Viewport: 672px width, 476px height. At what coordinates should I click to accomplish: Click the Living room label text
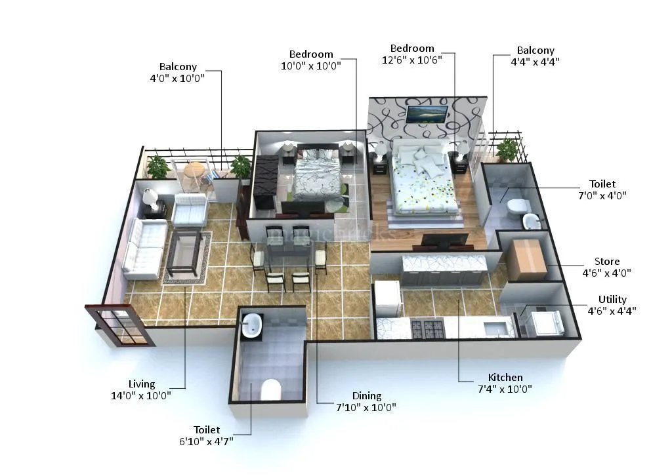coord(142,384)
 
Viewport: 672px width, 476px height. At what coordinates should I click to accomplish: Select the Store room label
coord(606,262)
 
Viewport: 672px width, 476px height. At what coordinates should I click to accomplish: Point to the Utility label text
coord(612,300)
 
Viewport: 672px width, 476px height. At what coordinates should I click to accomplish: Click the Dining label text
coord(366,395)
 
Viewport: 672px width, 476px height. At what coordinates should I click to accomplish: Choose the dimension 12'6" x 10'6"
coord(412,60)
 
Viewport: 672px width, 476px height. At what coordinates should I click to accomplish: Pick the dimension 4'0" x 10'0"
coord(177,78)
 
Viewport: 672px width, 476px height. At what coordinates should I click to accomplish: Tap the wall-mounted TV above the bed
coord(427,114)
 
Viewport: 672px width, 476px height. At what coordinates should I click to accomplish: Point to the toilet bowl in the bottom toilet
coord(270,389)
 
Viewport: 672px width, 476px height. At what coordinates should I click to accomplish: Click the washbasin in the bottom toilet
coord(251,325)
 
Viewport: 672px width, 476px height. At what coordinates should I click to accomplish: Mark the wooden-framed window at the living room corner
coord(121,325)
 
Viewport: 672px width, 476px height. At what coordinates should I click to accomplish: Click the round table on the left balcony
coord(194,170)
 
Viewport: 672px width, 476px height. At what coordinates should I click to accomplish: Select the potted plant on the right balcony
coord(507,149)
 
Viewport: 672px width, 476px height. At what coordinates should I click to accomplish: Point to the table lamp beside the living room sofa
coord(150,197)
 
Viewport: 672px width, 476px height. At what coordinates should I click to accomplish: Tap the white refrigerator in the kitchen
coord(387,298)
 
